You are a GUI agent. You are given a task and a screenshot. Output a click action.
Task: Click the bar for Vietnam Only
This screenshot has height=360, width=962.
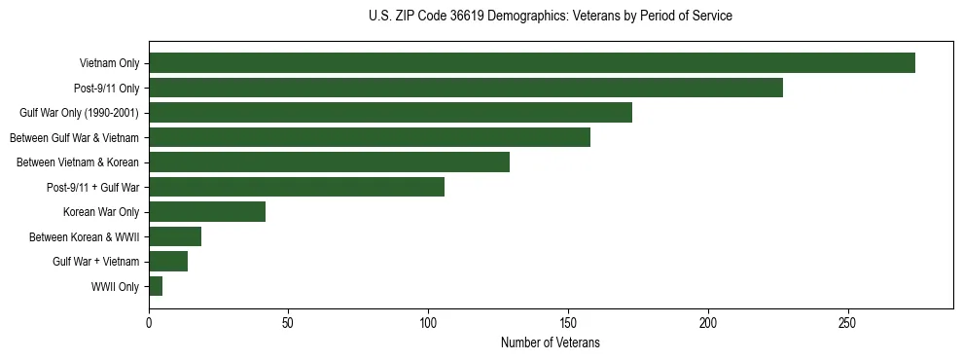click(x=531, y=63)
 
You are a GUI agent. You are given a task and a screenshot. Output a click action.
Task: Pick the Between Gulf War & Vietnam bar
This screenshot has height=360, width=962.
click(x=369, y=137)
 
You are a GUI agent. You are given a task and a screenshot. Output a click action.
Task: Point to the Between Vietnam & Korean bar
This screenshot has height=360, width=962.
click(x=329, y=162)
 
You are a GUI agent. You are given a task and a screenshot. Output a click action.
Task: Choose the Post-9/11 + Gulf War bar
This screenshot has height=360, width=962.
click(x=297, y=187)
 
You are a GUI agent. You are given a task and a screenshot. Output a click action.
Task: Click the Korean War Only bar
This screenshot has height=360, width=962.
click(x=207, y=212)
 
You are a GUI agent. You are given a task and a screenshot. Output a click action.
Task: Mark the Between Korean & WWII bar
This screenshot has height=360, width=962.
click(x=175, y=236)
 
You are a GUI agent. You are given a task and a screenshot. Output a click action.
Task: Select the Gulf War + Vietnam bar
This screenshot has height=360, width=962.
click(x=168, y=262)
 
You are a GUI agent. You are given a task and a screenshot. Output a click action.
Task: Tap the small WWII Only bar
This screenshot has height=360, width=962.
click(x=156, y=286)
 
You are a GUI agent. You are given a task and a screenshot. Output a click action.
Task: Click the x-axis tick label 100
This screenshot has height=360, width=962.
click(x=428, y=322)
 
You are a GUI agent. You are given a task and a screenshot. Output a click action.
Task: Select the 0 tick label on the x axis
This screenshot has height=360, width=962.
click(x=149, y=322)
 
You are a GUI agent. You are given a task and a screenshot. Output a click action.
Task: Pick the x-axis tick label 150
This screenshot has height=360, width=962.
click(x=568, y=322)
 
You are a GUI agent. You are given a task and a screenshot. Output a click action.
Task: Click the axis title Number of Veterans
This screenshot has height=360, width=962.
click(x=550, y=343)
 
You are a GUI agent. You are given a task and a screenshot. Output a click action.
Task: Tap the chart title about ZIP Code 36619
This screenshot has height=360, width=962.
click(x=550, y=17)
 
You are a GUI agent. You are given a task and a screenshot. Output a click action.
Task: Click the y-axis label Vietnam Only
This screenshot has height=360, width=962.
click(x=109, y=64)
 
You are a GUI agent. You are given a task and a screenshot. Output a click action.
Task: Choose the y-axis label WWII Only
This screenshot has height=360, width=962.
click(x=115, y=287)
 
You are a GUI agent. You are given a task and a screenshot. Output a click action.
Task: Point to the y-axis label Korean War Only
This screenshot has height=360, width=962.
click(x=101, y=212)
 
